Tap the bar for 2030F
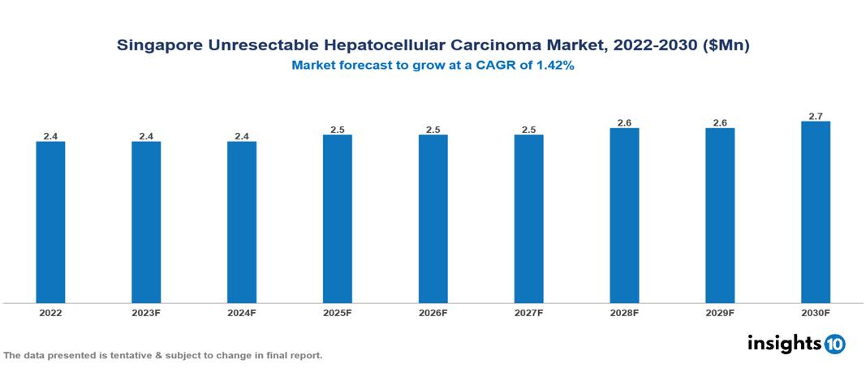815,212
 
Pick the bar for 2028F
624,216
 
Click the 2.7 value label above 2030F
815,116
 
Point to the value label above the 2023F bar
146,136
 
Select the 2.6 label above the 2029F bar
720,122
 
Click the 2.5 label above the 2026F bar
433,130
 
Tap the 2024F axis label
242,312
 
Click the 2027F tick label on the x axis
528,312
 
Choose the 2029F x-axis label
720,312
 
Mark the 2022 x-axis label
50,312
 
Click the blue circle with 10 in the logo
835,344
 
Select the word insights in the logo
784,343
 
